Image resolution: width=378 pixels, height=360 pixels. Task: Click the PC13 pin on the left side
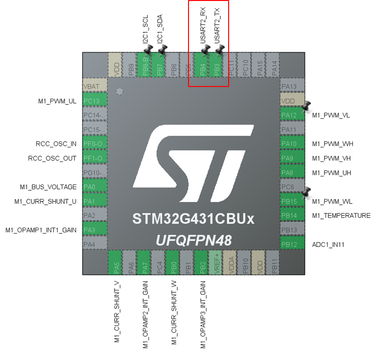pos(94,101)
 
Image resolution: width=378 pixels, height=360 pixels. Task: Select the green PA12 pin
pos(292,115)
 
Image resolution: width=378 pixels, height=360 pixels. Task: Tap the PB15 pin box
pos(292,201)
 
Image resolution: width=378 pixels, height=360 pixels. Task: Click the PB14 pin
pos(292,216)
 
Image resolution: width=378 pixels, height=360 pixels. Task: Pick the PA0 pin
pos(94,187)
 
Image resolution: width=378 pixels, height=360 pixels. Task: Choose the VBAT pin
pos(94,86)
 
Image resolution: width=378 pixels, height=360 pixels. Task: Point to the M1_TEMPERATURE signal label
pos(341,216)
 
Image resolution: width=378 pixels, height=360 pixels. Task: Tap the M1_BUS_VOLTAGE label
pos(48,187)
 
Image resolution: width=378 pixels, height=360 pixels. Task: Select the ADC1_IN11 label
pos(328,245)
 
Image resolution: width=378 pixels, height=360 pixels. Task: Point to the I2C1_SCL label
pos(145,29)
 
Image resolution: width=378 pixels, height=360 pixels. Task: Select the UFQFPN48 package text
pos(193,240)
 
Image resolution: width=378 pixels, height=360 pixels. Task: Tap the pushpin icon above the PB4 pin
pos(205,50)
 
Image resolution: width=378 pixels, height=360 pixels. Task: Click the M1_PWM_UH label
pos(332,173)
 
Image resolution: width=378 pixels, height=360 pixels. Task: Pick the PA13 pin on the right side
pos(292,86)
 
